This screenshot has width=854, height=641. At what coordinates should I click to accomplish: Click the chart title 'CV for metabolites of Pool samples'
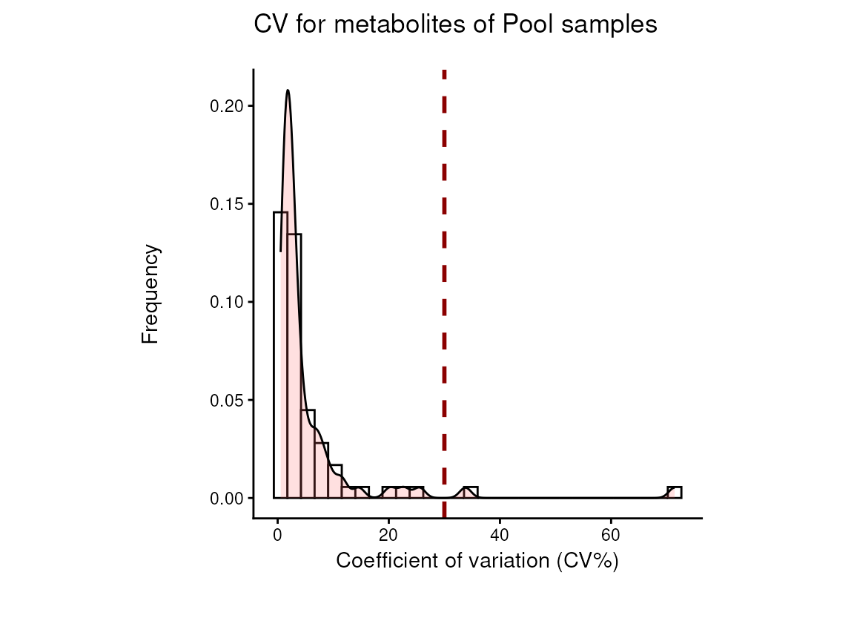point(455,25)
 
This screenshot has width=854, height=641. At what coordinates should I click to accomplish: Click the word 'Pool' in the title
point(527,25)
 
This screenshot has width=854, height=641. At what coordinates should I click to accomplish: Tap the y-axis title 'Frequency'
point(150,295)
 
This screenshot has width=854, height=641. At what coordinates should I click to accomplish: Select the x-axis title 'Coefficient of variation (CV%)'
point(477,561)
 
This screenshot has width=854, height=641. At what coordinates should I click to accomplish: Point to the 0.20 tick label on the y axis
point(226,106)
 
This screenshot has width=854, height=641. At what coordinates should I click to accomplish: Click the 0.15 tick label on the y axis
point(226,204)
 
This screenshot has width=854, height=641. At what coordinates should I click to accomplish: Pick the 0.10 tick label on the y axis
point(226,302)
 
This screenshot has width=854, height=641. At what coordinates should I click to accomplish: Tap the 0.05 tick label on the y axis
point(226,400)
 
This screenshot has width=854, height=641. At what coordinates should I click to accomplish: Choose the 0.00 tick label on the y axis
point(226,499)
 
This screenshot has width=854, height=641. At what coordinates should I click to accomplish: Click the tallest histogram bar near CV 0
point(280,356)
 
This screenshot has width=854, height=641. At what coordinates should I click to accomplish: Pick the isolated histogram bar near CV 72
point(674,493)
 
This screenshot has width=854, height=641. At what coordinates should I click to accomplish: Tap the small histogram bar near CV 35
point(470,493)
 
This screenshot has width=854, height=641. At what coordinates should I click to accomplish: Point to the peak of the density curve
point(288,91)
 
